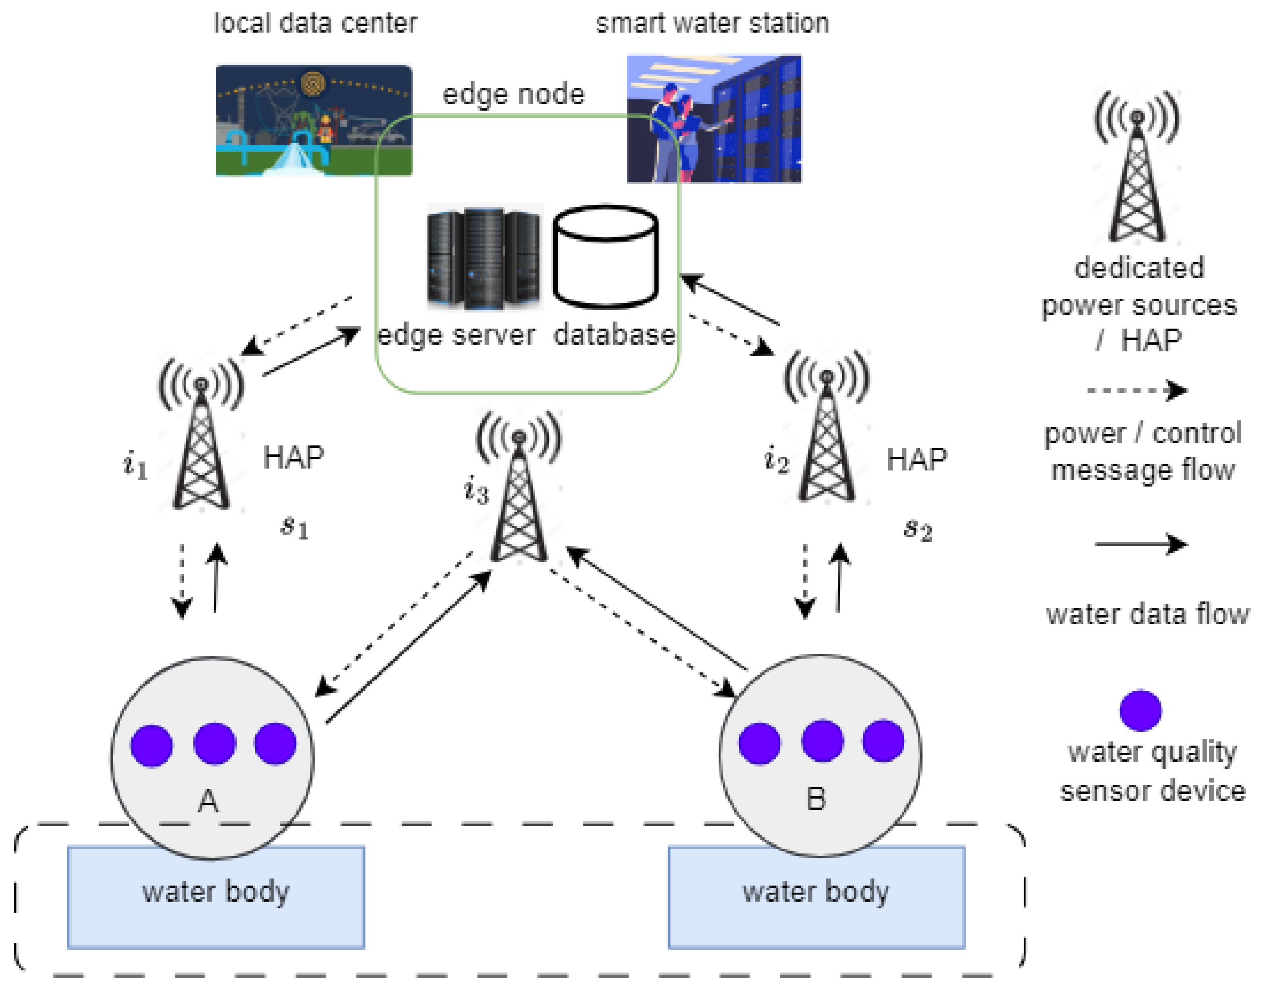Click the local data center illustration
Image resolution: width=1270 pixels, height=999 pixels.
point(314,121)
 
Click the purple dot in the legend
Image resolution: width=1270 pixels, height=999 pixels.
point(1140,711)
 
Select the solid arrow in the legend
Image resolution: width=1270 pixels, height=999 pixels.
point(1140,544)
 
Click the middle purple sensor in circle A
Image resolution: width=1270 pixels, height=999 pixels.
point(214,743)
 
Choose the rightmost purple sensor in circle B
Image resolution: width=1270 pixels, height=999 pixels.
point(883,741)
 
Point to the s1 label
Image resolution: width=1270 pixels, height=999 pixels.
point(294,527)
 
